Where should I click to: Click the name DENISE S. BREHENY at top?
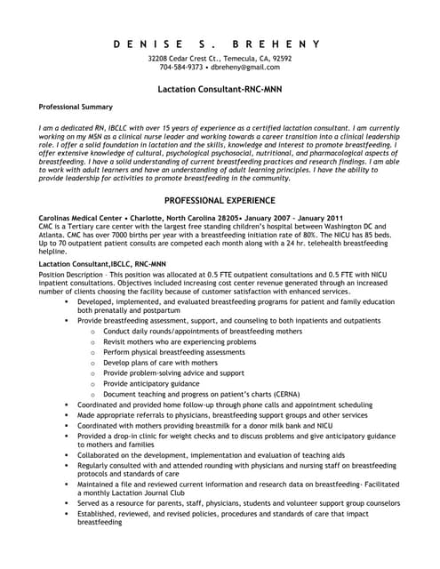click(x=219, y=44)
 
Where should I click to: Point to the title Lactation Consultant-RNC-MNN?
click(x=219, y=90)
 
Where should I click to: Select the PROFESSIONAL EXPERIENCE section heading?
click(x=219, y=201)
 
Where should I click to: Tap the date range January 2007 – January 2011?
click(x=293, y=218)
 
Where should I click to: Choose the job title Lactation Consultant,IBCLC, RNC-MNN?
click(x=90, y=264)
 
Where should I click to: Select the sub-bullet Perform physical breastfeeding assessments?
click(x=174, y=352)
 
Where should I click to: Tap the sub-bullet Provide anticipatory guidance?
click(x=151, y=383)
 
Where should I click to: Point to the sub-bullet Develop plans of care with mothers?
click(x=160, y=363)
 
